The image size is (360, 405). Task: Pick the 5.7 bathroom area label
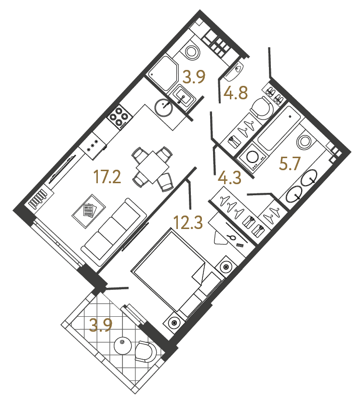click(290, 165)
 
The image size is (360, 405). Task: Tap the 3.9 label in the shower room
click(195, 77)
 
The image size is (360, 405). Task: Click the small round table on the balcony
click(122, 344)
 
